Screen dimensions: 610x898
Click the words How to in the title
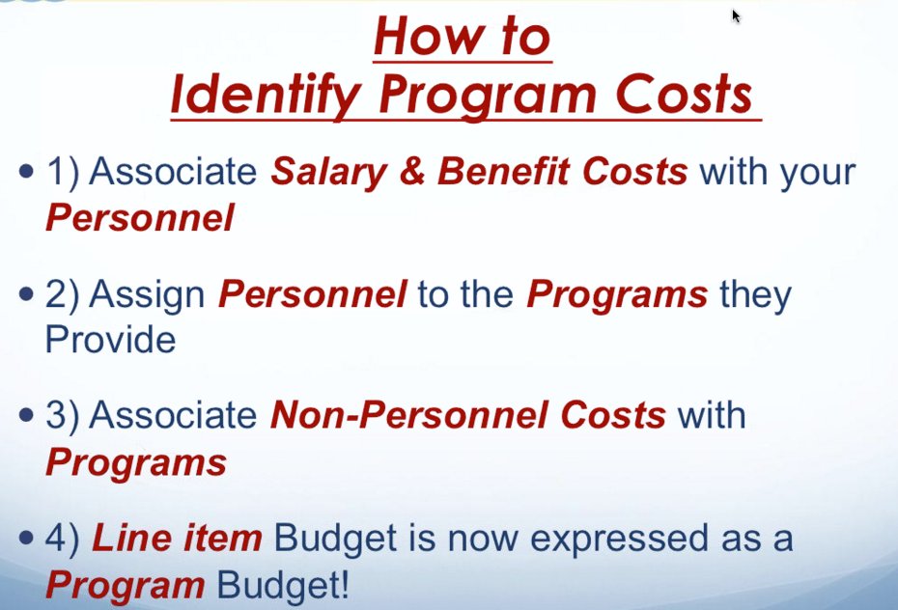461,37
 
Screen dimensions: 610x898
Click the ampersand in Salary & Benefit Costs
409,172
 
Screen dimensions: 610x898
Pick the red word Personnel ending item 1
139,218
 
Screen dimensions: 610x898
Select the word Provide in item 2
110,340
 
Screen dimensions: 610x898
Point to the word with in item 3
711,416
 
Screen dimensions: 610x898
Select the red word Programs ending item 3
135,462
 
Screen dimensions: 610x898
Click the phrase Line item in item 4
176,538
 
